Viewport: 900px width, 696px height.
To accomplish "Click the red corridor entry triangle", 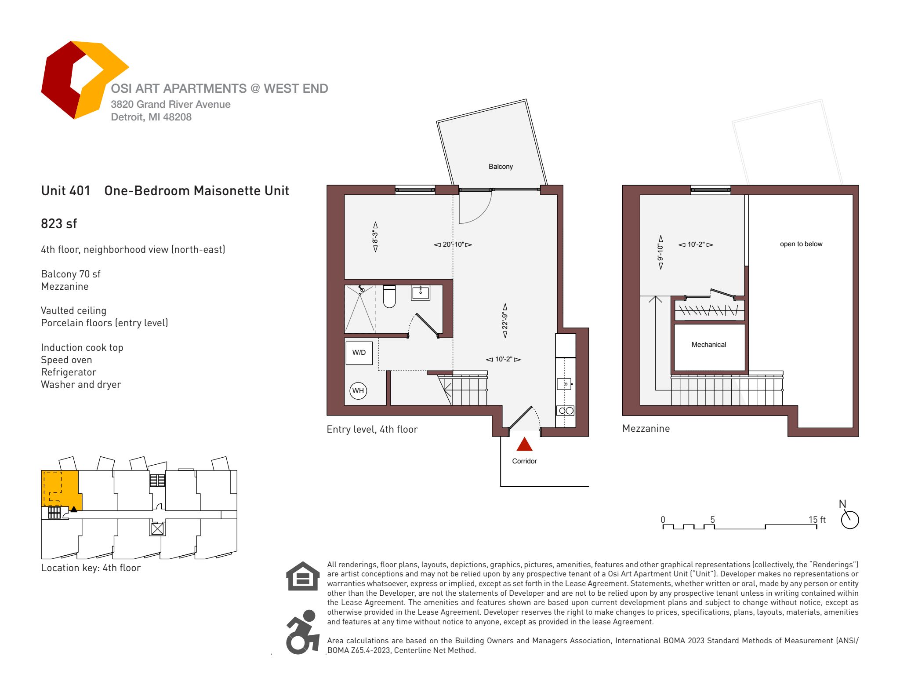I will pos(524,445).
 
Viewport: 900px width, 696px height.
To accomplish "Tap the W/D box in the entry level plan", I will pos(359,353).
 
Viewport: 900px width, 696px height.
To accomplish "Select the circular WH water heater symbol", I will pos(358,391).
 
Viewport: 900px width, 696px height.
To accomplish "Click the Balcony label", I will pos(501,167).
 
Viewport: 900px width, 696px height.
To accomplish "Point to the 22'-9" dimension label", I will pos(505,321).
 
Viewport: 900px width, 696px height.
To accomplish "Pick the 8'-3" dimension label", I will pos(375,237).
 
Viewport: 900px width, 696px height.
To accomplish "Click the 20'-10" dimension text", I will pos(453,244).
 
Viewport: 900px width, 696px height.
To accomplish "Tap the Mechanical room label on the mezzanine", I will pos(708,345).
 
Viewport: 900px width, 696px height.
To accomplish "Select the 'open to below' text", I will pos(801,244).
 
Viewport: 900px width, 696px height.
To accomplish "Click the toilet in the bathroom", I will pos(389,296).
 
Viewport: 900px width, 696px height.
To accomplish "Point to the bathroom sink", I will pos(421,292).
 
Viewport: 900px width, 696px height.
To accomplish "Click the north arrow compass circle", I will pos(850,520).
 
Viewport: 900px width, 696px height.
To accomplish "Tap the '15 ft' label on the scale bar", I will pos(817,520).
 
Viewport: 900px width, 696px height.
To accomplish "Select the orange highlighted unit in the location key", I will pos(61,488).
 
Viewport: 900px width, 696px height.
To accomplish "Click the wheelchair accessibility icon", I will pos(302,632).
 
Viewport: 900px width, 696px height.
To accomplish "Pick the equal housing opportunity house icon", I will pos(303,576).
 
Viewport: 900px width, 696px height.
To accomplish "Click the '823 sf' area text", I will pos(59,224).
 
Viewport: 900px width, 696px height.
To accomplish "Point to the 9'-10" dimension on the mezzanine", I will pos(660,252).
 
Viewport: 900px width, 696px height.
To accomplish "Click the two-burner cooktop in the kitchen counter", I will pos(566,411).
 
